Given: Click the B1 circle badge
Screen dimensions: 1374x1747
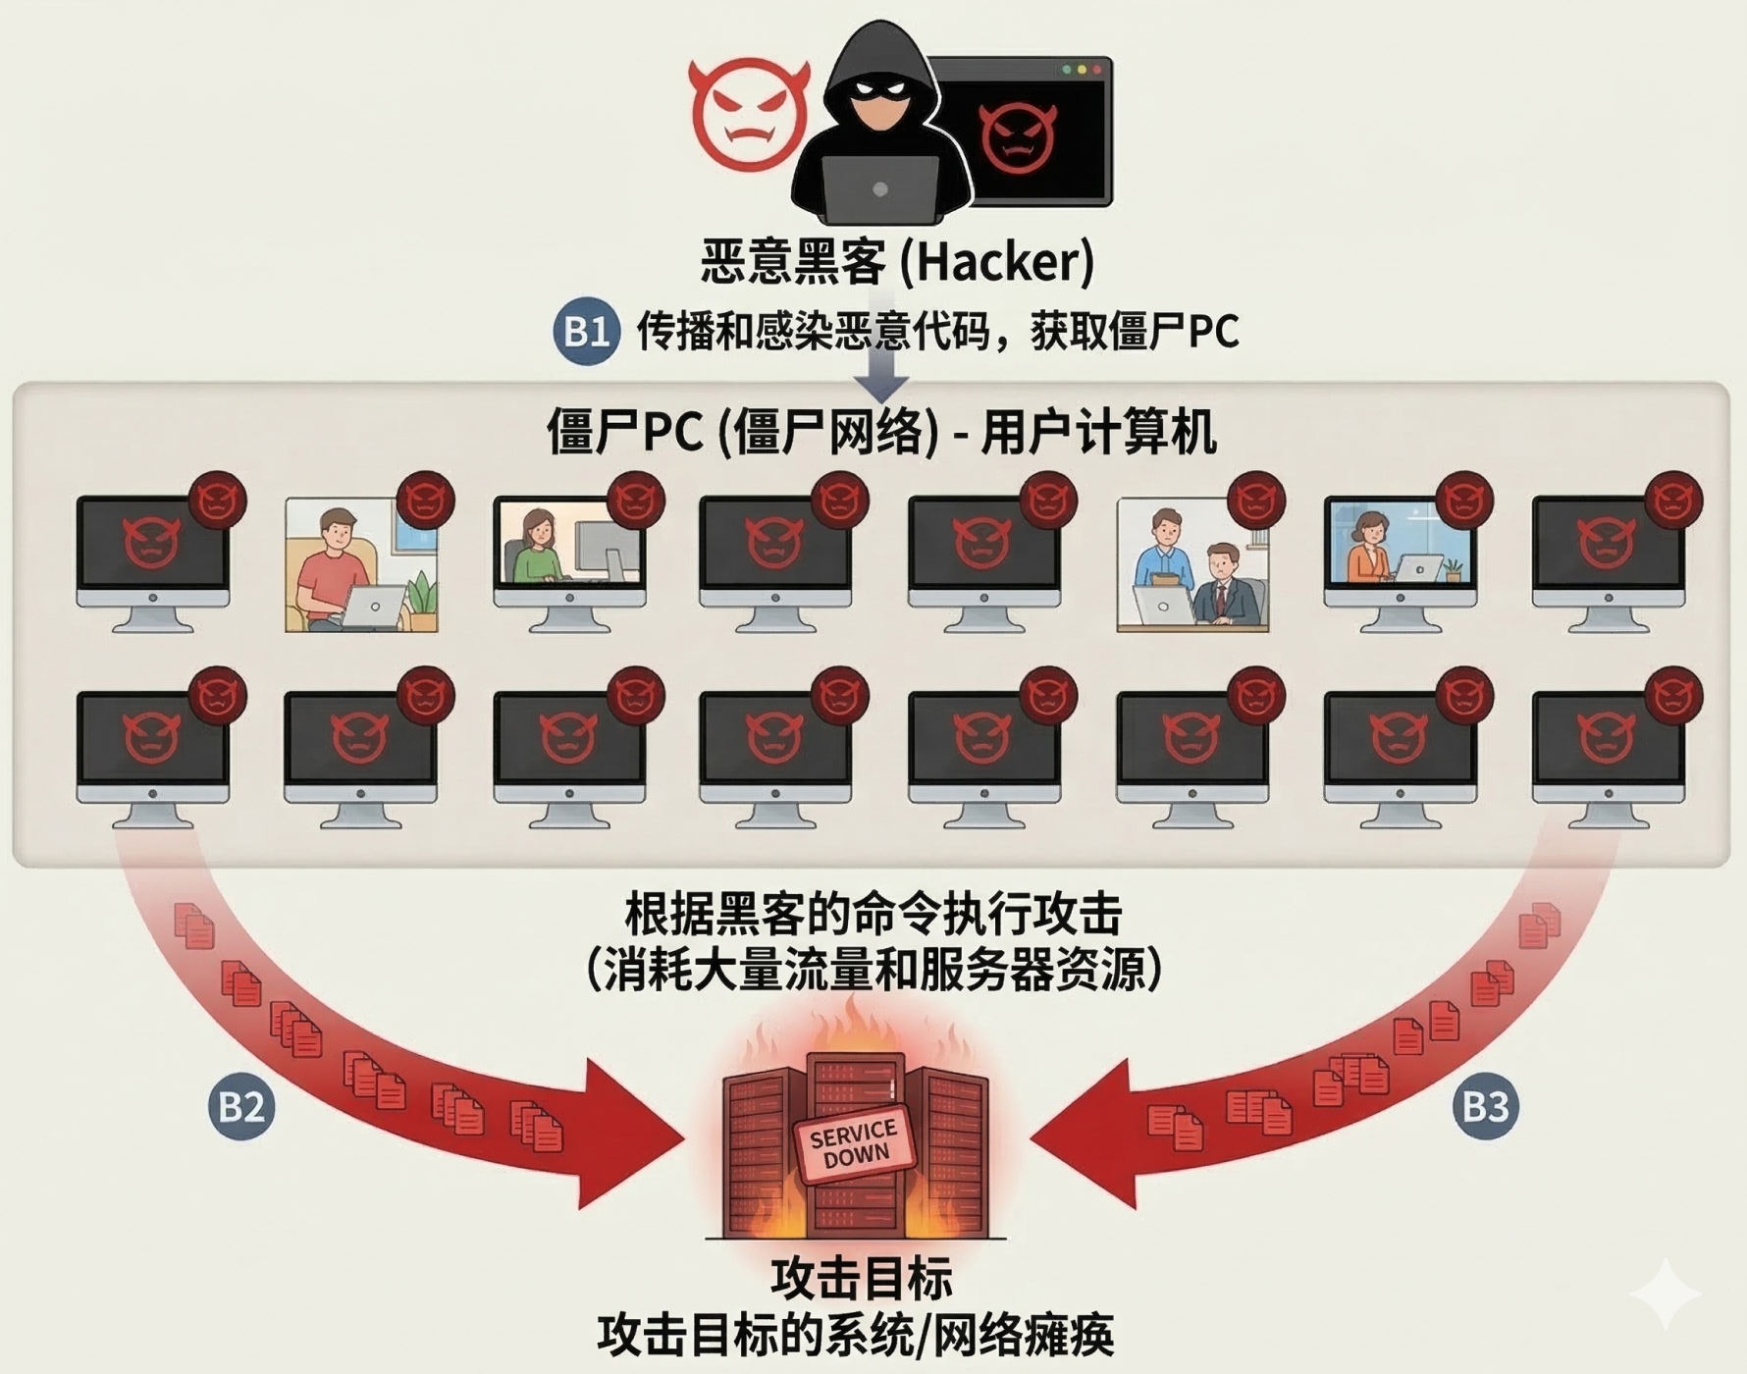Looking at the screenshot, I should [x=586, y=332].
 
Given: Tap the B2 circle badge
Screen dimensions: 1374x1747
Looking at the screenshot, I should [x=241, y=1107].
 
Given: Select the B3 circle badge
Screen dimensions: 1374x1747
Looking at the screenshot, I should [x=1485, y=1107].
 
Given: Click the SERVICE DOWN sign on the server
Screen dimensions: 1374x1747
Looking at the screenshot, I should [x=854, y=1143].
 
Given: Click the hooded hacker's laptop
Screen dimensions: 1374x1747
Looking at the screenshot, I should [x=879, y=189].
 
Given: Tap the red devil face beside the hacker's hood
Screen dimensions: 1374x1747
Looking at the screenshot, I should [x=748, y=113].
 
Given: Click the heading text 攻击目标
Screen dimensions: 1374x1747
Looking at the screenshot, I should [x=862, y=1278].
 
